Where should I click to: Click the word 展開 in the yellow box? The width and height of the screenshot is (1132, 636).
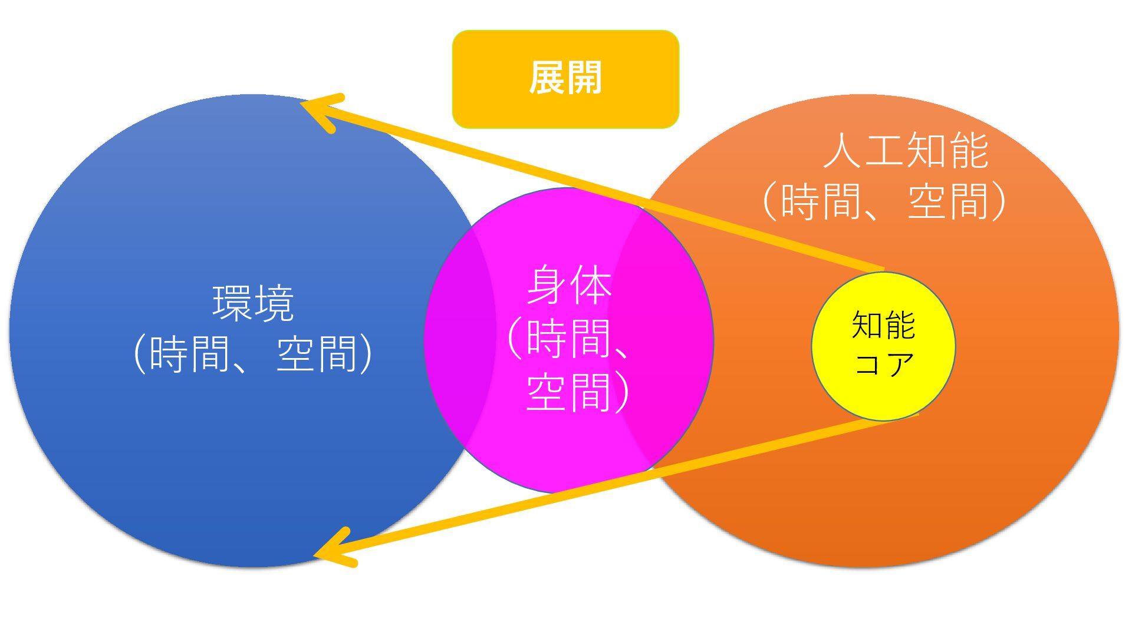click(x=565, y=78)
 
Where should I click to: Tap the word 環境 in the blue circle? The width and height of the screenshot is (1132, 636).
click(x=253, y=303)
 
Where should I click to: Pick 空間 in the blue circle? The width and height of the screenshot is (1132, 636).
click(x=317, y=354)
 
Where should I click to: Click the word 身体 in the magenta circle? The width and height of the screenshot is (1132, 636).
click(x=568, y=286)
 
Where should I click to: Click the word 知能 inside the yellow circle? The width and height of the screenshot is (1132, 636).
click(x=883, y=325)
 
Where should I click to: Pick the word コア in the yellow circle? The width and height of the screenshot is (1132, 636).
click(x=883, y=363)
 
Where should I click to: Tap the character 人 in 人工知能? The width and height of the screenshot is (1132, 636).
click(x=843, y=151)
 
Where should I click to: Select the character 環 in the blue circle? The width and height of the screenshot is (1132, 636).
click(x=232, y=303)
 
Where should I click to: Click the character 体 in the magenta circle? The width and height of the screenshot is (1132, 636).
click(x=590, y=286)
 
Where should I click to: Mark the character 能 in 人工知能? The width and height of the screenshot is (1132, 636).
click(x=968, y=151)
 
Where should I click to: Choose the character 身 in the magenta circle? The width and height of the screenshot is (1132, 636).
click(x=547, y=286)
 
